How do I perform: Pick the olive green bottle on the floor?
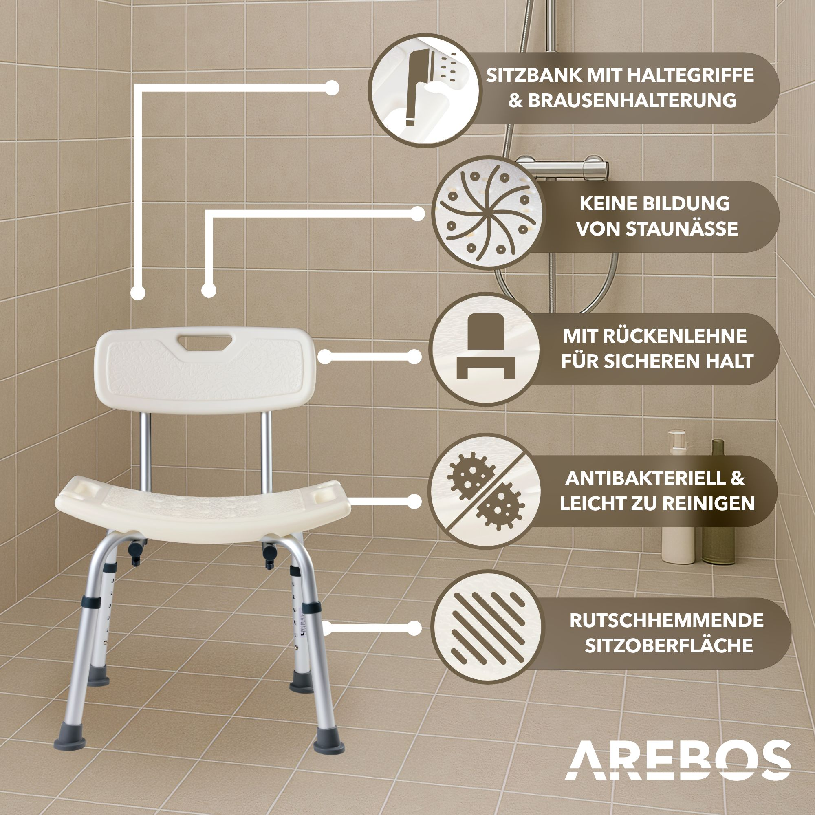click(718, 502)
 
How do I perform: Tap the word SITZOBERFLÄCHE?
click(669, 646)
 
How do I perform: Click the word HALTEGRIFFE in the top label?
click(691, 75)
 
